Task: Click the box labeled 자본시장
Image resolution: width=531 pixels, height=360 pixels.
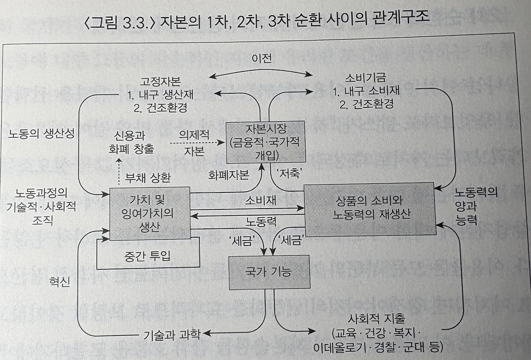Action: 265,142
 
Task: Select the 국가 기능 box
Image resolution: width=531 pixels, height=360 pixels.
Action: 269,272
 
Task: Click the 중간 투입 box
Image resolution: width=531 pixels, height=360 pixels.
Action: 148,257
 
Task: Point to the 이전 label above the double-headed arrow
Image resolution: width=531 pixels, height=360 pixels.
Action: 261,59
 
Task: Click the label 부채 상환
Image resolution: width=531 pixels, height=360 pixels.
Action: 148,179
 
